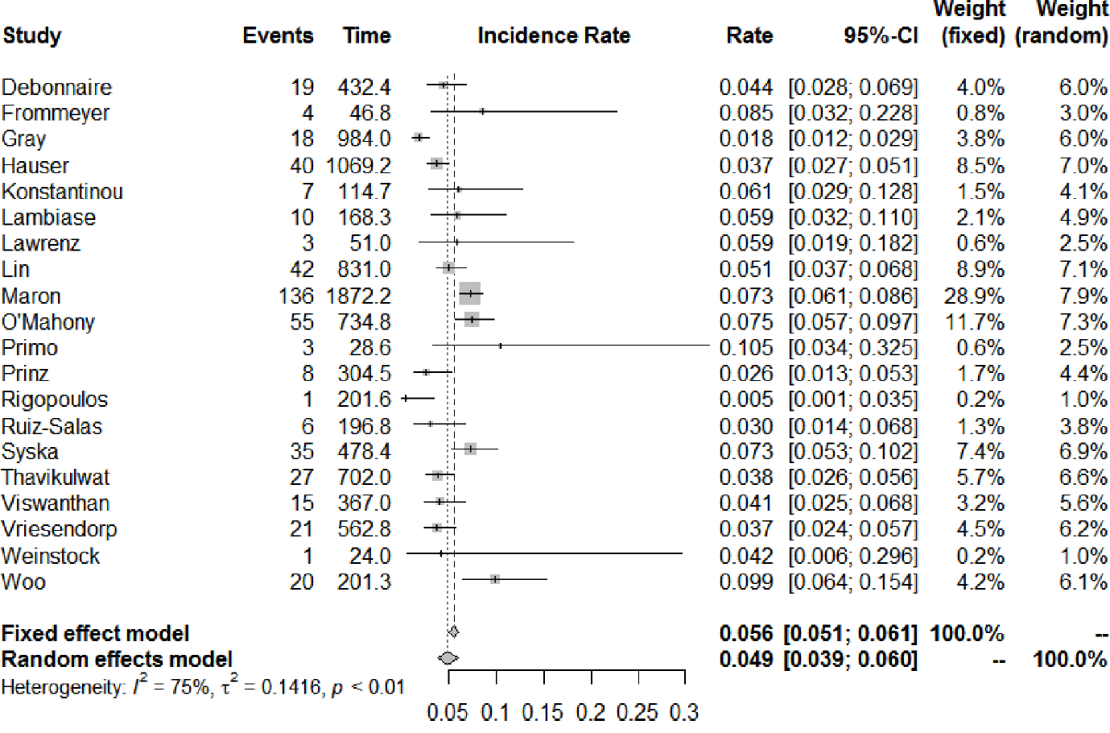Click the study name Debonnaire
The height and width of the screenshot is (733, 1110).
coord(56,87)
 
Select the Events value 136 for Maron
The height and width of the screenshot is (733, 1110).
coord(295,296)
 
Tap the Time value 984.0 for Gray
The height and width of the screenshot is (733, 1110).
coord(364,139)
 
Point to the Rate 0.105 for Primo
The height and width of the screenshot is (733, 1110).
coord(745,348)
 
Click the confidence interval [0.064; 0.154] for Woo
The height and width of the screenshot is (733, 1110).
coord(852,582)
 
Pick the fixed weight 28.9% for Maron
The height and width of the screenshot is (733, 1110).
coord(974,296)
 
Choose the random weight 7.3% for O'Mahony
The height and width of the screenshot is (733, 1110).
coord(1083,322)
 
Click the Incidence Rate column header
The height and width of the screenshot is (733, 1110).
coord(554,35)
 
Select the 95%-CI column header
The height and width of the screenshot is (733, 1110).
coord(880,35)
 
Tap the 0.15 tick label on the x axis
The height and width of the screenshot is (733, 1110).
coord(543,712)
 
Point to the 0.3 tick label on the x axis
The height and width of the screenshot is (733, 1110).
coord(684,712)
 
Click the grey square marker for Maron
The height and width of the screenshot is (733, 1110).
coord(470,294)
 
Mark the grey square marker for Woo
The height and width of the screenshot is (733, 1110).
coord(495,579)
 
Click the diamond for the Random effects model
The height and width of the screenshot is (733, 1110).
coord(448,658)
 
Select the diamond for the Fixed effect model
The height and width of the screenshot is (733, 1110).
coord(453,632)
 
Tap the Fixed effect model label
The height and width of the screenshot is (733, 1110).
coord(95,633)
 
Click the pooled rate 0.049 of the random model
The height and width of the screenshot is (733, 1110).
coord(745,659)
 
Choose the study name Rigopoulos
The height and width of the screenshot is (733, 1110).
coord(54,400)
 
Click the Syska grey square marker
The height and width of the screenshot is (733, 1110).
coord(470,449)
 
